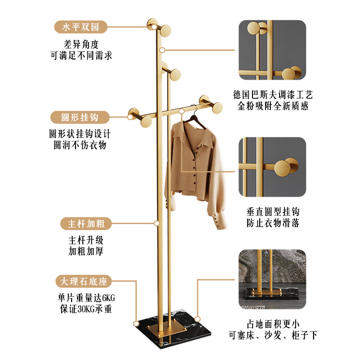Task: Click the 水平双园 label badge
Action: pos(81,27)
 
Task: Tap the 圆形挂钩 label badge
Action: pos(80,117)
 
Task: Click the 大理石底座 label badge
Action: pos(81,282)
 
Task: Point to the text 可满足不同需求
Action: pos(81,55)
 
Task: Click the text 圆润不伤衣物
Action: pos(80,145)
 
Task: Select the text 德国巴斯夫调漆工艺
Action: pos(273,95)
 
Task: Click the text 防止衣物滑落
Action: pos(273,222)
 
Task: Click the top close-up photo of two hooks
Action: pos(272,50)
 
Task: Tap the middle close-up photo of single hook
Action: pos(272,166)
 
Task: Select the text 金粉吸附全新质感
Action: pos(273,106)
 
